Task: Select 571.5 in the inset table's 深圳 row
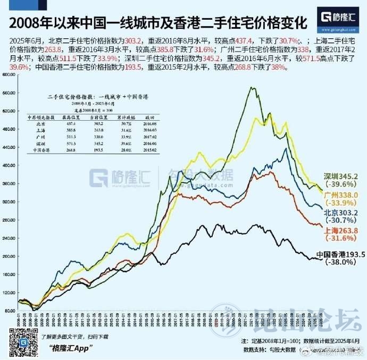point(69,144)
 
